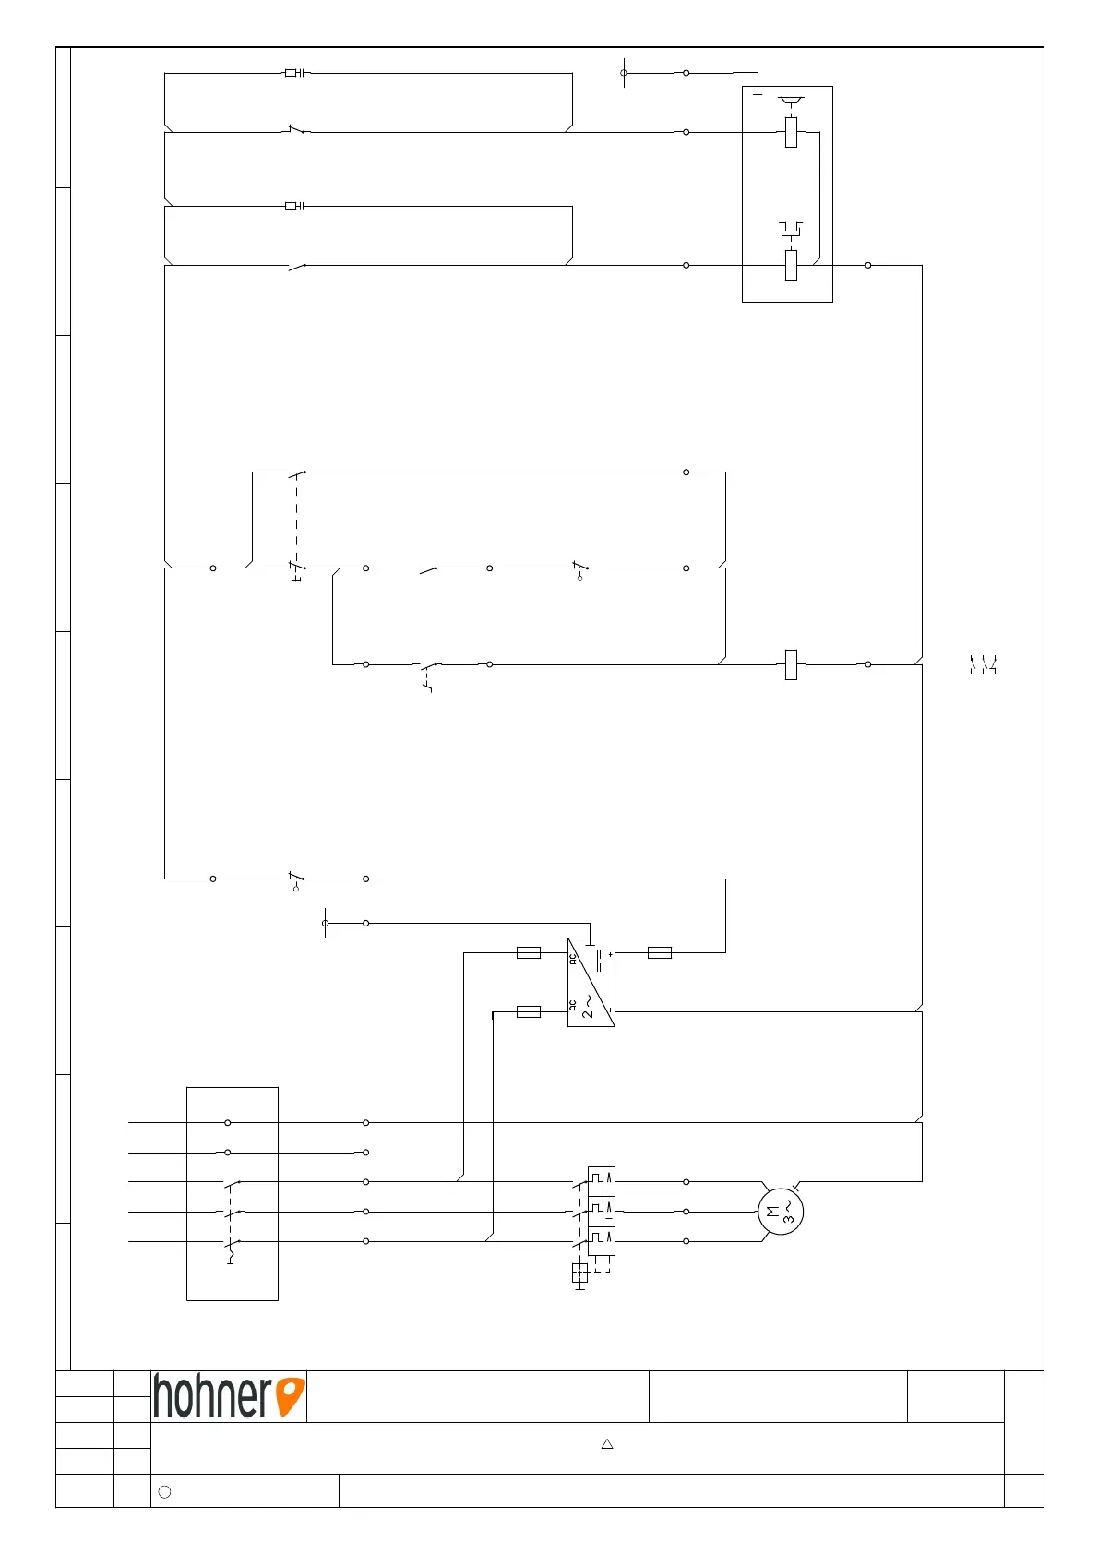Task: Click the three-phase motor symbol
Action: [780, 1212]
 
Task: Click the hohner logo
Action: [229, 1396]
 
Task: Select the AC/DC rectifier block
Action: [591, 983]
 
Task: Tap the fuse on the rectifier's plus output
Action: [660, 952]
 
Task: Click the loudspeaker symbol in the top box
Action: [790, 100]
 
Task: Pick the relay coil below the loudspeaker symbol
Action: [791, 132]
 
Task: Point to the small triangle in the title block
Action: [607, 1444]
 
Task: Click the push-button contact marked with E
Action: [296, 568]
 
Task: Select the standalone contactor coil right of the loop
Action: [791, 664]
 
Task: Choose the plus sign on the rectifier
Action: [610, 954]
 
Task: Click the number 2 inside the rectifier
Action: [587, 1012]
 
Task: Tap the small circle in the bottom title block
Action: [164, 1491]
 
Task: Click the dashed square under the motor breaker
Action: [579, 1273]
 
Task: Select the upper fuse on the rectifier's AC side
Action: [529, 952]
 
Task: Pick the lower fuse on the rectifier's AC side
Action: [529, 1012]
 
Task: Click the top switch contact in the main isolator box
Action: [232, 1182]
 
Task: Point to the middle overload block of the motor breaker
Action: [602, 1212]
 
